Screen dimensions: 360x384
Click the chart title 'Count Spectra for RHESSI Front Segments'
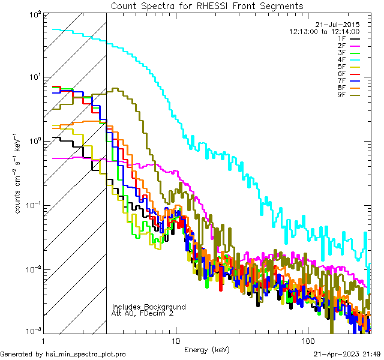click(x=207, y=6)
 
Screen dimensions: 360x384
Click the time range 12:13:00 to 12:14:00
click(x=324, y=31)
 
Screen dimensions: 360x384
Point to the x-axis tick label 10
click(x=175, y=340)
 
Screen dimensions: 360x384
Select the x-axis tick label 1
click(x=43, y=340)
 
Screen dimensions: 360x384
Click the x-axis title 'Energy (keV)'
click(x=207, y=349)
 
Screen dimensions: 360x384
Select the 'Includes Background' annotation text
click(x=149, y=307)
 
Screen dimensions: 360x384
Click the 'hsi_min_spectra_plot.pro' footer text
click(x=86, y=355)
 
